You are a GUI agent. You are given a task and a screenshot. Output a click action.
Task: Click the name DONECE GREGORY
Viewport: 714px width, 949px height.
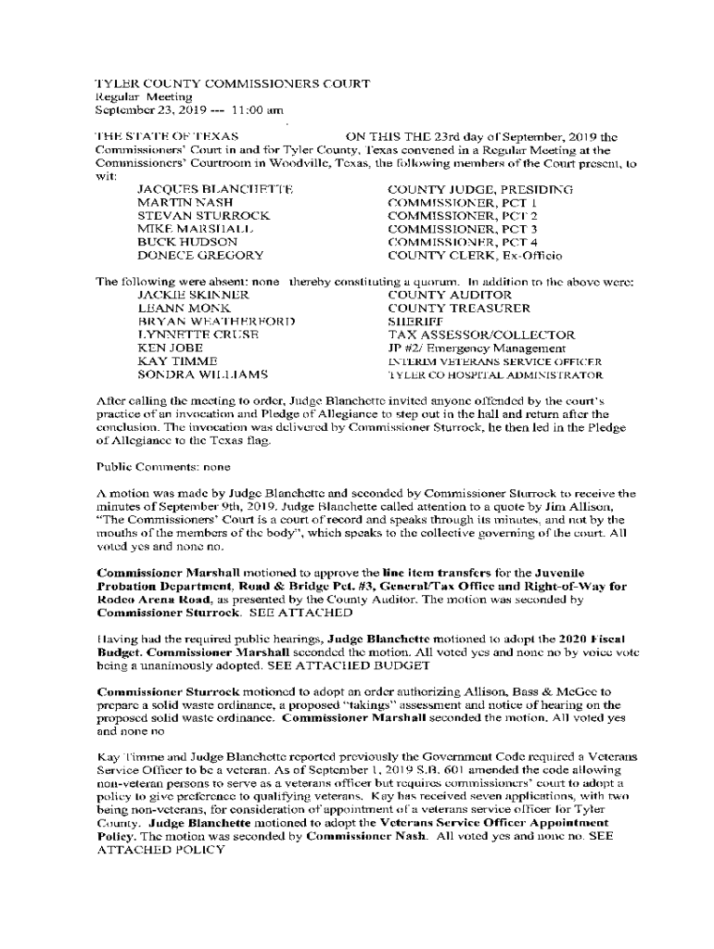click(x=199, y=255)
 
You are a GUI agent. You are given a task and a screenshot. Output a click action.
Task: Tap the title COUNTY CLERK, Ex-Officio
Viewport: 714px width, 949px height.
click(x=475, y=255)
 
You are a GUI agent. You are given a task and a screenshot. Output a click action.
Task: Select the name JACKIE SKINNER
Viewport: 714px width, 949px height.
click(x=193, y=295)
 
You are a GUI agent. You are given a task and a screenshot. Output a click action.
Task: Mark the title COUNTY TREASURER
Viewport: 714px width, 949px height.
click(x=459, y=308)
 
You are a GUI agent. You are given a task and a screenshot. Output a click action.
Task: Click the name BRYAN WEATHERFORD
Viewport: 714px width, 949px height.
click(x=216, y=322)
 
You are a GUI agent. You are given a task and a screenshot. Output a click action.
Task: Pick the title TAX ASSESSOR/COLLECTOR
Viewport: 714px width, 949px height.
click(x=480, y=335)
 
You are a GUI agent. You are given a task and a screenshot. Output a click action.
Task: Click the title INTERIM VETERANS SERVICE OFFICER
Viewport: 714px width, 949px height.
click(x=494, y=361)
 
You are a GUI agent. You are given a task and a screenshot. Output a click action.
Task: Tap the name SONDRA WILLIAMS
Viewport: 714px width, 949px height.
click(x=202, y=374)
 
